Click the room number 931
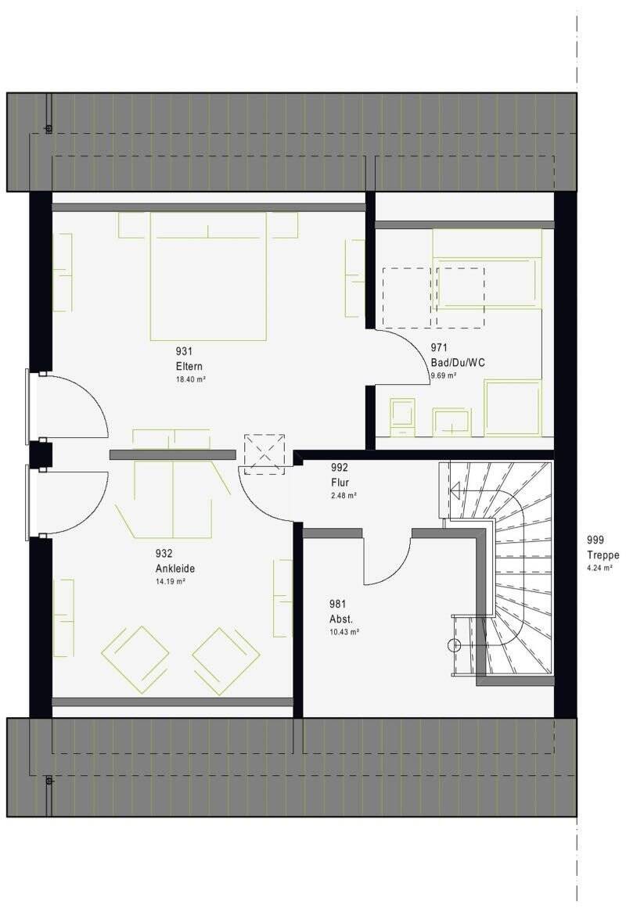pos(184,351)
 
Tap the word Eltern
pos(189,367)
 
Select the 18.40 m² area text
pos(191,379)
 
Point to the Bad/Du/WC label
pos(458,363)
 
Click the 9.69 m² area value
pos(443,376)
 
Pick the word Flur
pos(340,483)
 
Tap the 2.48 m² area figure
pos(344,496)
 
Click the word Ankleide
pos(175,569)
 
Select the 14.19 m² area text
pos(171,582)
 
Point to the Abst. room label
pos(341,619)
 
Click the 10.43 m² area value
pos(344,633)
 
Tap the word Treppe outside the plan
pos(603,555)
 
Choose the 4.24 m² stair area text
pos(600,569)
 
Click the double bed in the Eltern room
pos(208,276)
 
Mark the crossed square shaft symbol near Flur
pos(264,454)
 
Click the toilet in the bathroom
pos(403,416)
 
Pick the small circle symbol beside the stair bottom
pos(455,644)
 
